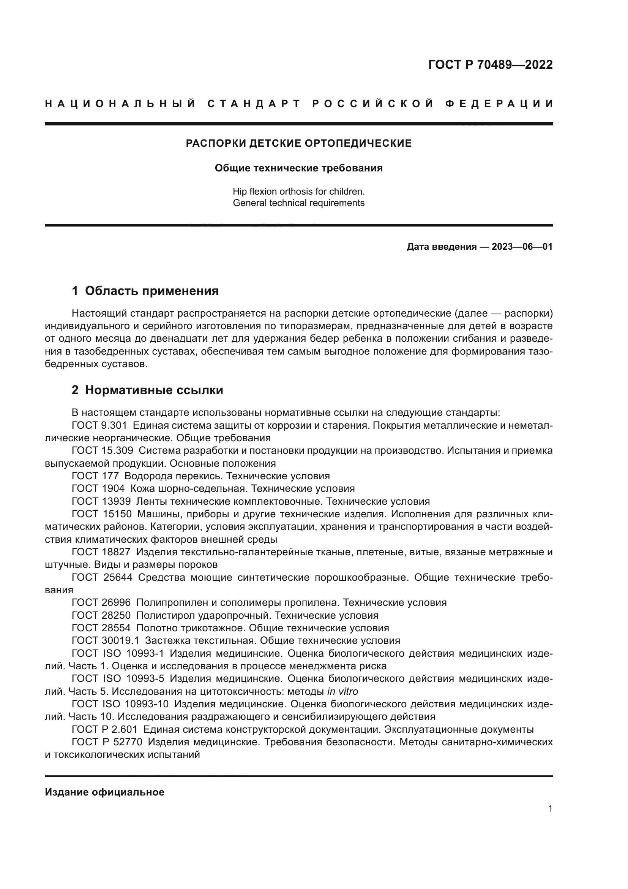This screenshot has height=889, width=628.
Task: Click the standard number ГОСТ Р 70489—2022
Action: [490, 65]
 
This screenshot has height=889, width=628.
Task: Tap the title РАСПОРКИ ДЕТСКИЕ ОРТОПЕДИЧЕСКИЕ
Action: [298, 143]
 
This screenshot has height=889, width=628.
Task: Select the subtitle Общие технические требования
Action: [298, 168]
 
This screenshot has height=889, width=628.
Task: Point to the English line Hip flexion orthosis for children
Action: [298, 191]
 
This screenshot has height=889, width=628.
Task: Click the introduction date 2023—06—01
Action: [522, 247]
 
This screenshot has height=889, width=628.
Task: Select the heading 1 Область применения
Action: [145, 291]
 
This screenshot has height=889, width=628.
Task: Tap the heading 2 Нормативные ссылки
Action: [147, 390]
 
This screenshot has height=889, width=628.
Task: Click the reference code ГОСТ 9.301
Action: [99, 426]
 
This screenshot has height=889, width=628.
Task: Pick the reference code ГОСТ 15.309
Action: [102, 451]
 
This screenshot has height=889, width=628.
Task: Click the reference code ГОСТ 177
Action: [95, 476]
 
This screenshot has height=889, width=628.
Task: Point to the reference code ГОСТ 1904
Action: [98, 489]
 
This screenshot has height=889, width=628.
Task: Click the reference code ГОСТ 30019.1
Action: [105, 640]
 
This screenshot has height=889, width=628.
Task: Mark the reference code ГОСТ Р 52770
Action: [107, 742]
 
